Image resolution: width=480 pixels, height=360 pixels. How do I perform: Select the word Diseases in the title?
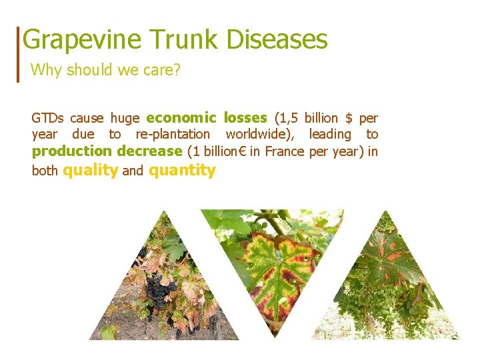click(277, 39)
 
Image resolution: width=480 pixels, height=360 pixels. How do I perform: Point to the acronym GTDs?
click(47, 118)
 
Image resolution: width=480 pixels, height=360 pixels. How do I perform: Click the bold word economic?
click(181, 118)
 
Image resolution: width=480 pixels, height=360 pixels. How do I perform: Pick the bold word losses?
click(245, 118)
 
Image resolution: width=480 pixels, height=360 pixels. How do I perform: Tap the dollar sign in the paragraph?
click(349, 118)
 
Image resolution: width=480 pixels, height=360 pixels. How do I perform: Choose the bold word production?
click(71, 151)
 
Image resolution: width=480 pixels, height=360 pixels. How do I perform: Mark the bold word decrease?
click(149, 151)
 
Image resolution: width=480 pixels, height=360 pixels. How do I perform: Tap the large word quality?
click(90, 170)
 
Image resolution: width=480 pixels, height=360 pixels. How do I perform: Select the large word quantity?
click(183, 170)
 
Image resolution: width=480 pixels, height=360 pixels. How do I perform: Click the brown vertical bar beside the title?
click(18, 54)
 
